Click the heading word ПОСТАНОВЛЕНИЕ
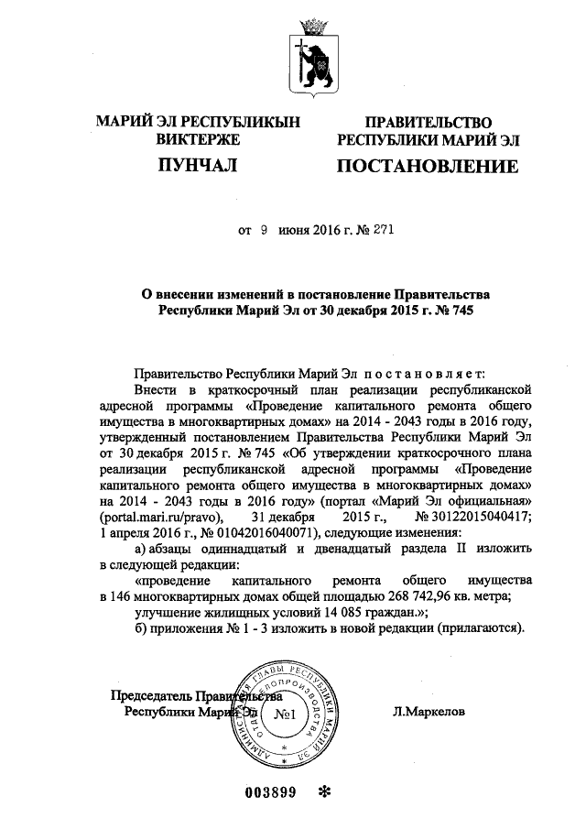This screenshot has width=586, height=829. (x=428, y=167)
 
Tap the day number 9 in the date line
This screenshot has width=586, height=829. (x=263, y=232)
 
